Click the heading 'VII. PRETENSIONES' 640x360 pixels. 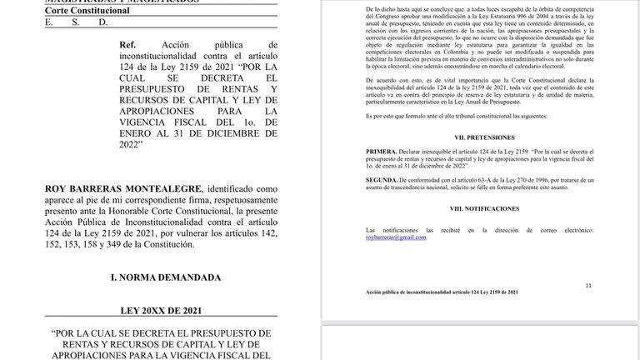tap(478, 137)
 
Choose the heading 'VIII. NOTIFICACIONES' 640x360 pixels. tap(478, 208)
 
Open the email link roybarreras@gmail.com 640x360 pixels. tap(397, 237)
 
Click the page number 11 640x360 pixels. tap(588, 285)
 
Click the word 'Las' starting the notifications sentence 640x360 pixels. tap(372, 229)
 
